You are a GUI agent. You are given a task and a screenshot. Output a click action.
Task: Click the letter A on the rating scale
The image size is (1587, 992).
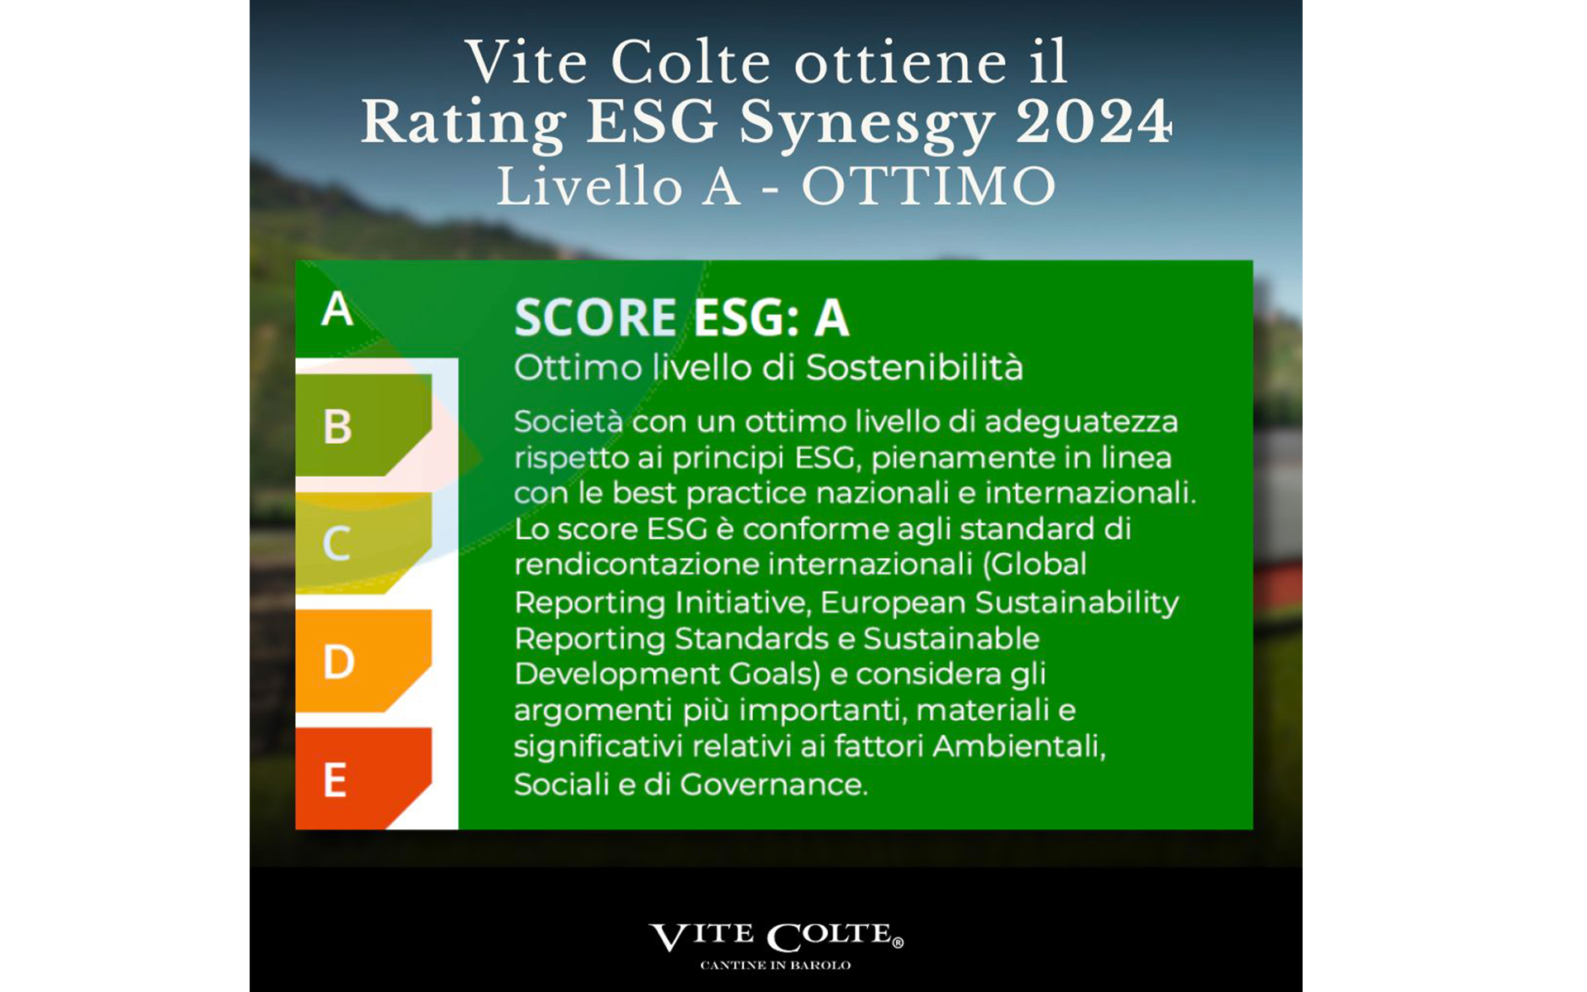(337, 310)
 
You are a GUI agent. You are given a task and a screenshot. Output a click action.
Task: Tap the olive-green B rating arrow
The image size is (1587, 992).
(364, 425)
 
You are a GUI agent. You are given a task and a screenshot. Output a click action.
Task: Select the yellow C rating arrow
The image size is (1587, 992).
(364, 543)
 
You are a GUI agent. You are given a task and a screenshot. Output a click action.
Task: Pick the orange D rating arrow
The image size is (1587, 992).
(364, 661)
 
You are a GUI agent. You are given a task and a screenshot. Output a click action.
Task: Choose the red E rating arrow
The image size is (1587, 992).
(364, 779)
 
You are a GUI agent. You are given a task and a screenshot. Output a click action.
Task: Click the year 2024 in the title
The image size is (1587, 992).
(1094, 122)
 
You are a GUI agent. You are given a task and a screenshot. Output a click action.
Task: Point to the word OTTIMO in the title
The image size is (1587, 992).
(929, 187)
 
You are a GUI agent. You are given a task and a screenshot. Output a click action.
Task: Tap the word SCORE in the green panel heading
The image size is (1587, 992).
(596, 317)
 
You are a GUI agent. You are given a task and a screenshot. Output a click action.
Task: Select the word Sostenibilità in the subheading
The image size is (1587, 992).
(914, 367)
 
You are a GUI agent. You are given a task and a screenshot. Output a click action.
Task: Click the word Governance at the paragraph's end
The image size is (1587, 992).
(774, 784)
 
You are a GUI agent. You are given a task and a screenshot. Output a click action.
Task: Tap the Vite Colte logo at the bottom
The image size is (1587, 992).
(776, 937)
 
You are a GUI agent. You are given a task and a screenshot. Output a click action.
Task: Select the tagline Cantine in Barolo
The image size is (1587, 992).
(775, 966)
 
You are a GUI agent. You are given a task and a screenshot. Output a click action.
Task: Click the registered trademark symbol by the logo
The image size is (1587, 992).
(898, 942)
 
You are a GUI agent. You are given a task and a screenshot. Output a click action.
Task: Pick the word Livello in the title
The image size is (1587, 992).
(589, 187)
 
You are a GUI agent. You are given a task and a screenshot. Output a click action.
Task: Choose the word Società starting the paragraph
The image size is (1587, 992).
(568, 422)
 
